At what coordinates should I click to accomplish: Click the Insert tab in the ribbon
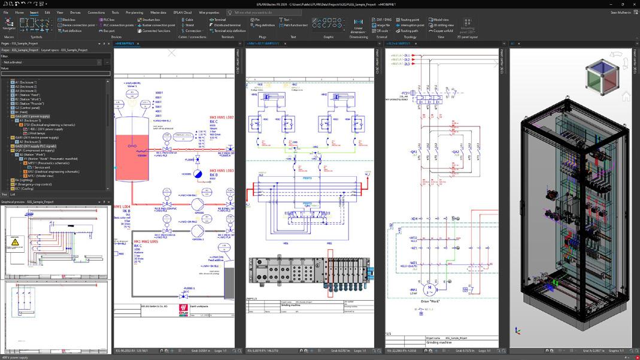(x=34, y=12)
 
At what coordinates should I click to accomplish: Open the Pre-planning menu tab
(x=134, y=12)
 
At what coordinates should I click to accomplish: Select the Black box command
(x=68, y=20)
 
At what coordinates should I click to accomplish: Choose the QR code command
(x=381, y=31)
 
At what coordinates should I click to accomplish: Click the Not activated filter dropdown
(x=51, y=62)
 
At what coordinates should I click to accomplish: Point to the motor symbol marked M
(x=429, y=289)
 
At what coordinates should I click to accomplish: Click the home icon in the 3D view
(x=626, y=96)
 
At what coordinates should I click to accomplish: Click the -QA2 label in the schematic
(x=456, y=152)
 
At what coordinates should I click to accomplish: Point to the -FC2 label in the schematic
(x=405, y=93)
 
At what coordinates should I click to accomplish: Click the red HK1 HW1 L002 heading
(x=222, y=117)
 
